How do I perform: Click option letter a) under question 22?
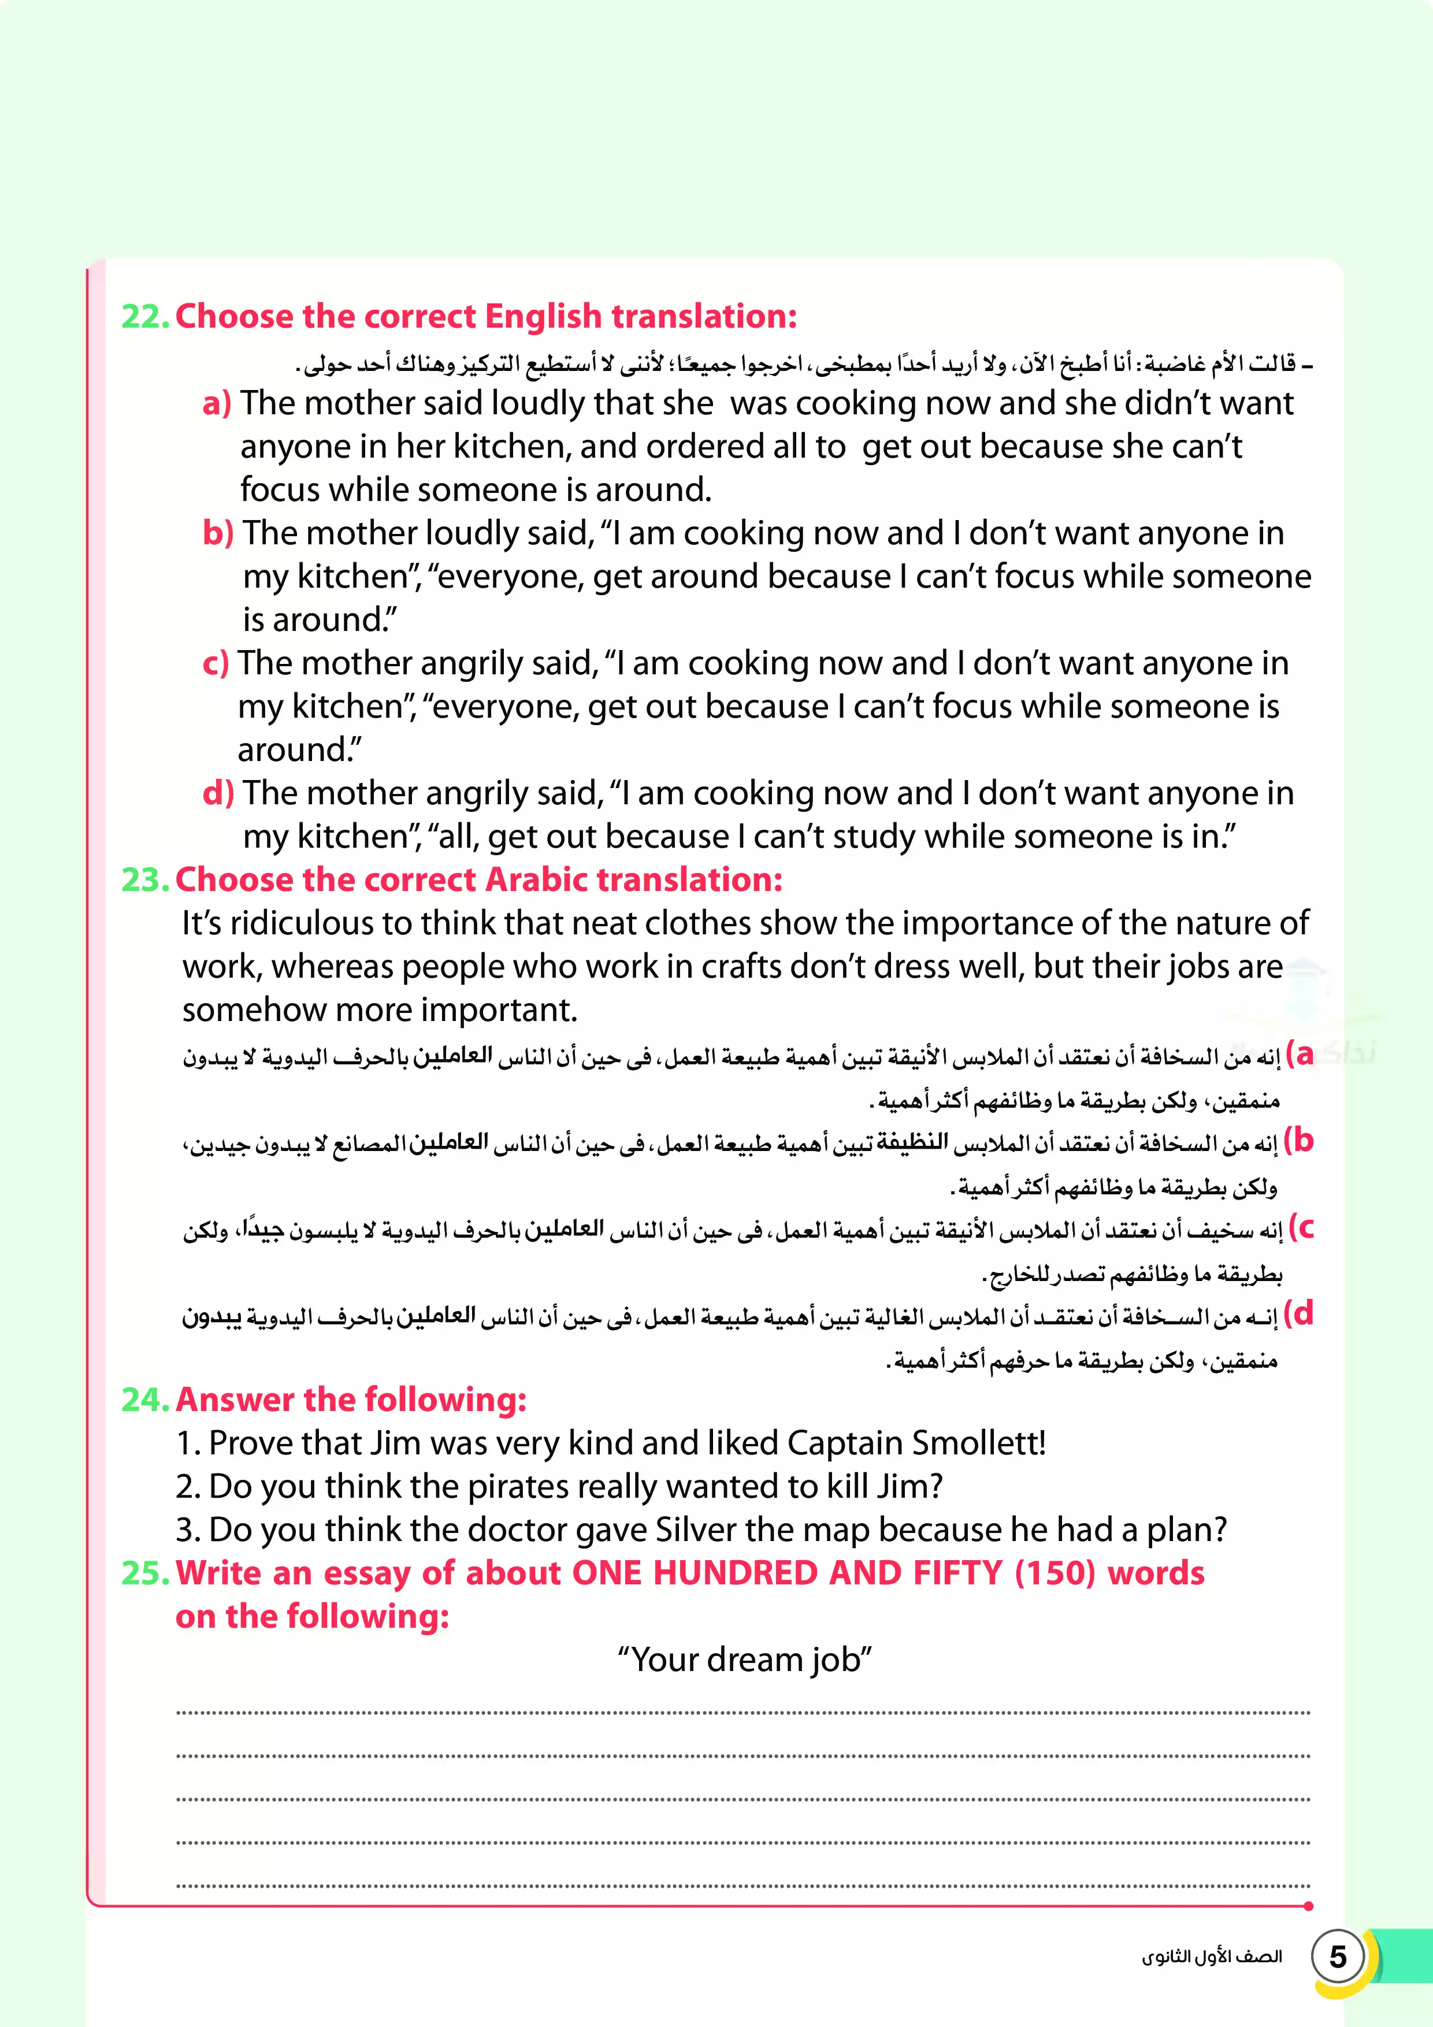(x=216, y=403)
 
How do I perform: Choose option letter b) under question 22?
(x=217, y=533)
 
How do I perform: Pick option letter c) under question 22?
(x=216, y=663)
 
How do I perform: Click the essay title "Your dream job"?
(x=744, y=1660)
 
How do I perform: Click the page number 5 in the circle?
(x=1338, y=1957)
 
